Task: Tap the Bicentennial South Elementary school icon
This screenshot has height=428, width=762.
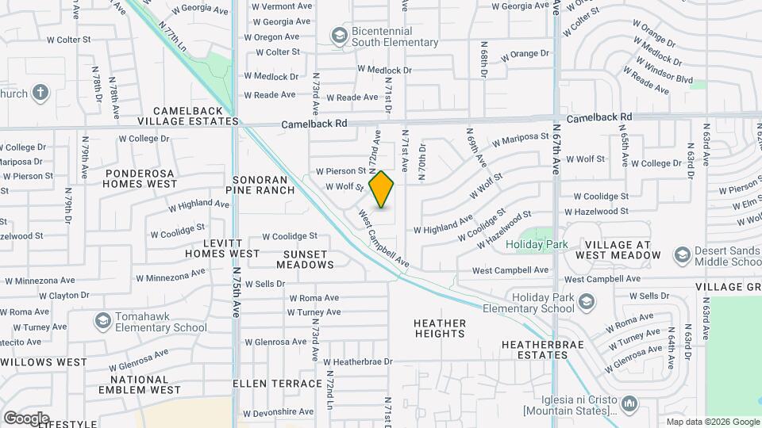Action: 340,35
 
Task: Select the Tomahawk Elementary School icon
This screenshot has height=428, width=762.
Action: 102,321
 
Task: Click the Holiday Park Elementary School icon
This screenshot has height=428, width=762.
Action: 586,302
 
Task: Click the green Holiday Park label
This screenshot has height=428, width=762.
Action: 537,245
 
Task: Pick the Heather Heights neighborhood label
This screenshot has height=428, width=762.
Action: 440,328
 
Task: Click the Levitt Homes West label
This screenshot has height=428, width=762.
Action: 222,247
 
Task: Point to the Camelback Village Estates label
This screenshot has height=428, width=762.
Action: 187,116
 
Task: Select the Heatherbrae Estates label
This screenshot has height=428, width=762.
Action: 535,350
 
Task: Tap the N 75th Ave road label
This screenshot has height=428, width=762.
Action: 237,293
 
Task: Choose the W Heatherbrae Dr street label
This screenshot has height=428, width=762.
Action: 357,361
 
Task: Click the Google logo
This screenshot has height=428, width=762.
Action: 26,418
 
